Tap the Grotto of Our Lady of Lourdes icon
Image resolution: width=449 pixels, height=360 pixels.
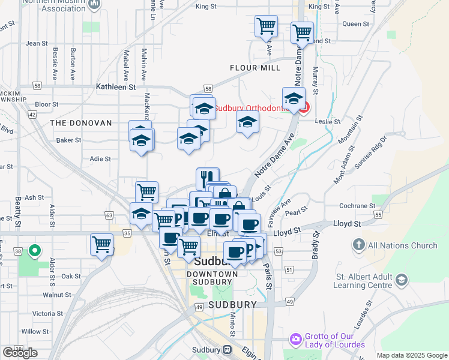coord(295,340)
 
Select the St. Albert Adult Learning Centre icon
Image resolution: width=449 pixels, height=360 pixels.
coord(401,280)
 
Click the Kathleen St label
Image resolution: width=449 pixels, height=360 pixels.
coord(116,87)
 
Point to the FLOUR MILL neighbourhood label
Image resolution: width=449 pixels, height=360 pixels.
coord(255,68)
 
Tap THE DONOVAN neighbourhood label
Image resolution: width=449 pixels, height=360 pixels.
coord(81,122)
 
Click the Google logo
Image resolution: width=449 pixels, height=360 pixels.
coord(20,353)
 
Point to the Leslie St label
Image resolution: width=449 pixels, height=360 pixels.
coord(328,121)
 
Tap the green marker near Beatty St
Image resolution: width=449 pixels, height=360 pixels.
coord(35,251)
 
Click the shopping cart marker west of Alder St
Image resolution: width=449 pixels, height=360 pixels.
coord(101,244)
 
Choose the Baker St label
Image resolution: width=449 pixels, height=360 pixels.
coord(68,140)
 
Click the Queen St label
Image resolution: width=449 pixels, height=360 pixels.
coord(355,24)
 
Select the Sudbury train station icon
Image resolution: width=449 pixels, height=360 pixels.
coord(228,350)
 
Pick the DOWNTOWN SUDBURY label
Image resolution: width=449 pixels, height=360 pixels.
coord(209,278)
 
